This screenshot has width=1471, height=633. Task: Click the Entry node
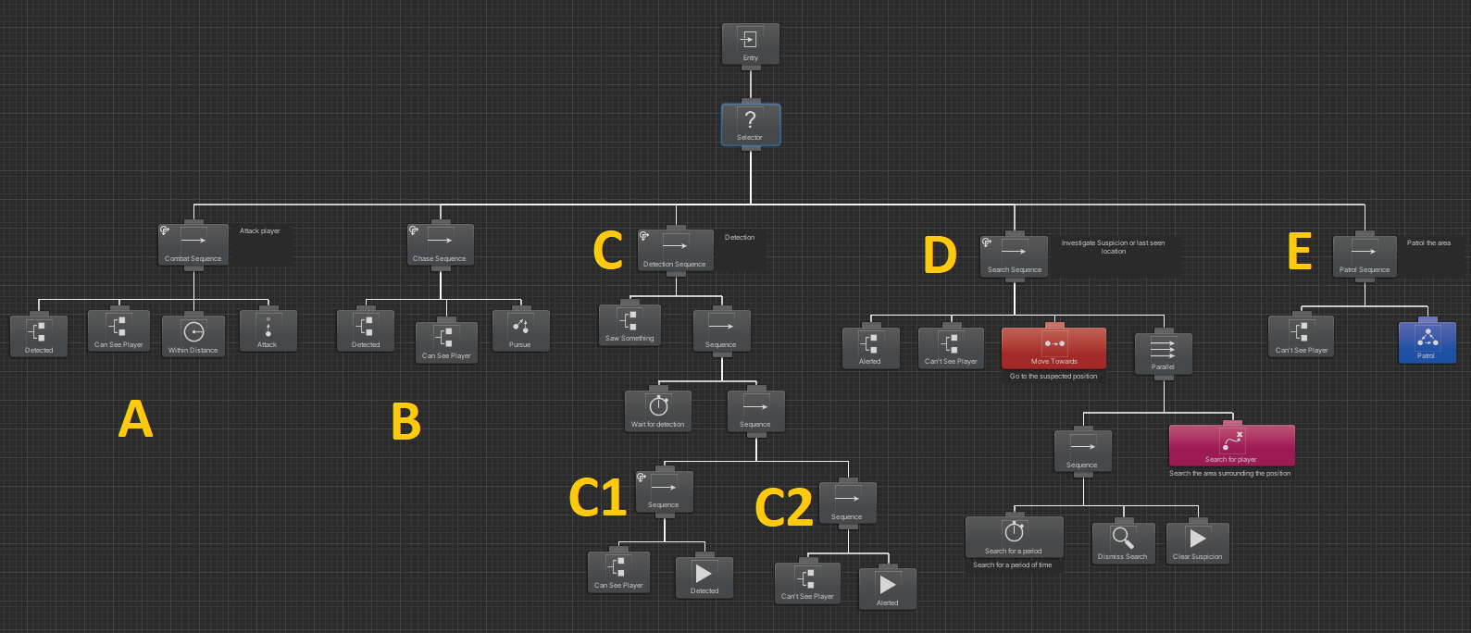click(x=750, y=44)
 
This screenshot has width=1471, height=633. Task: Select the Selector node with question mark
click(x=750, y=125)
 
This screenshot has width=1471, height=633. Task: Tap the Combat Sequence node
click(x=193, y=245)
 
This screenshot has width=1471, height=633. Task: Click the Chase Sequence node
click(x=441, y=245)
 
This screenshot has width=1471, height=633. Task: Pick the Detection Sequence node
click(x=676, y=251)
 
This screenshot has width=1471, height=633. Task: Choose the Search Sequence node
click(x=1015, y=256)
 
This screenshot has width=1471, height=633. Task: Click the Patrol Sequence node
click(x=1365, y=256)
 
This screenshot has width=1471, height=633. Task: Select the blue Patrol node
click(x=1427, y=341)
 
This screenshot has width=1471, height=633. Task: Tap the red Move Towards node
click(x=1053, y=348)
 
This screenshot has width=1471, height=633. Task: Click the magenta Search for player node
click(x=1231, y=445)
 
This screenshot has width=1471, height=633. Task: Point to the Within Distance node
click(x=193, y=336)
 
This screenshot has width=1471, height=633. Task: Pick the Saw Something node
click(x=630, y=325)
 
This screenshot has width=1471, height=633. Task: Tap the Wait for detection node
click(x=658, y=411)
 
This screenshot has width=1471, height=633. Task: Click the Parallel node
click(x=1163, y=353)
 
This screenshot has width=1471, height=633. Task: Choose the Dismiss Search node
click(x=1123, y=543)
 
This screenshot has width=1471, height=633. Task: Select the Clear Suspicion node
click(x=1198, y=543)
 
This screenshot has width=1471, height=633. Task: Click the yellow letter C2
click(x=783, y=507)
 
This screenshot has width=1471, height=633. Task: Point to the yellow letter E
click(x=1300, y=251)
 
